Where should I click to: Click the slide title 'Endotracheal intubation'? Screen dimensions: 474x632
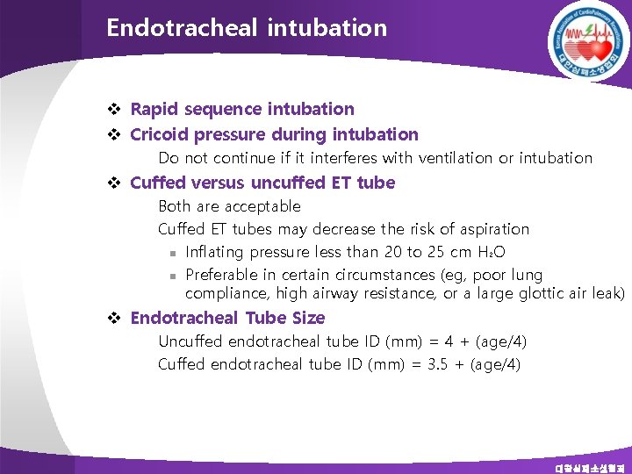[247, 28]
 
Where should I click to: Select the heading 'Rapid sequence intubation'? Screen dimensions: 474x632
[242, 110]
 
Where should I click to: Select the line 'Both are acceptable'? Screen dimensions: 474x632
[229, 206]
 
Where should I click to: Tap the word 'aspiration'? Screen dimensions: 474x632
[495, 229]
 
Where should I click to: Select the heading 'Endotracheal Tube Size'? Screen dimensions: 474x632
[227, 319]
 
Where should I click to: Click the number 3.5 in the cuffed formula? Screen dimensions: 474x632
[437, 363]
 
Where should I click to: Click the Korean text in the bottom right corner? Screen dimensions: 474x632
[591, 468]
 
